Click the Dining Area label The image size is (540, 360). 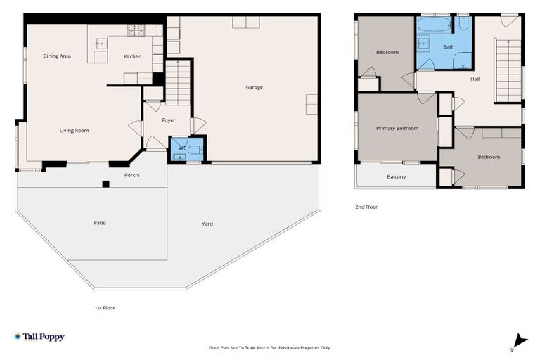pos(57,56)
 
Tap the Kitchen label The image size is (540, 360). pos(132,56)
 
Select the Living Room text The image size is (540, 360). pos(74,130)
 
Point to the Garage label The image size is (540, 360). pos(254,87)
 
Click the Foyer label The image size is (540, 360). pos(169,120)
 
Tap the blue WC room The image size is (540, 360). pos(187,149)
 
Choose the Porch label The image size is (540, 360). pos(131,174)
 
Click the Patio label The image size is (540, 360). pos(101,223)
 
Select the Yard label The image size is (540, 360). pos(207,224)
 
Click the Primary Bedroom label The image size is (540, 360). pos(397,128)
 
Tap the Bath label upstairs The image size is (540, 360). pos(449,47)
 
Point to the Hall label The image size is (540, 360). pos(475,79)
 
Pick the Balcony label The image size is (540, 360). pos(396,176)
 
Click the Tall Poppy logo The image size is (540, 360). pos(39,337)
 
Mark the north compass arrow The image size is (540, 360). pos(519,340)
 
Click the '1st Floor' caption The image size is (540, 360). pos(105,307)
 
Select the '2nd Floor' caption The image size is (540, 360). pos(366,207)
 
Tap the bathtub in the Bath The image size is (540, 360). pos(434,25)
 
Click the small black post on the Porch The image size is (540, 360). pos(105,184)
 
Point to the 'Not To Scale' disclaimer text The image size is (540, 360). pos(270,347)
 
